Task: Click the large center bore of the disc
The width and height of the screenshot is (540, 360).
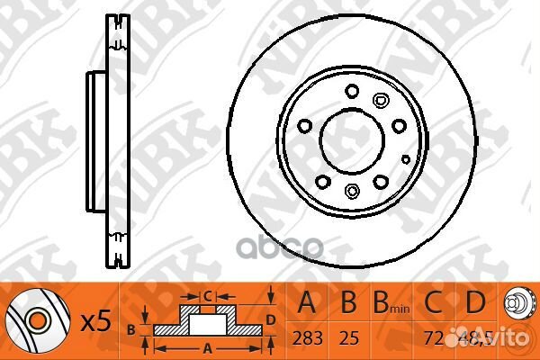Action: (352, 139)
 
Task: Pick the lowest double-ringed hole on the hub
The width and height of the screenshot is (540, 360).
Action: (352, 190)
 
